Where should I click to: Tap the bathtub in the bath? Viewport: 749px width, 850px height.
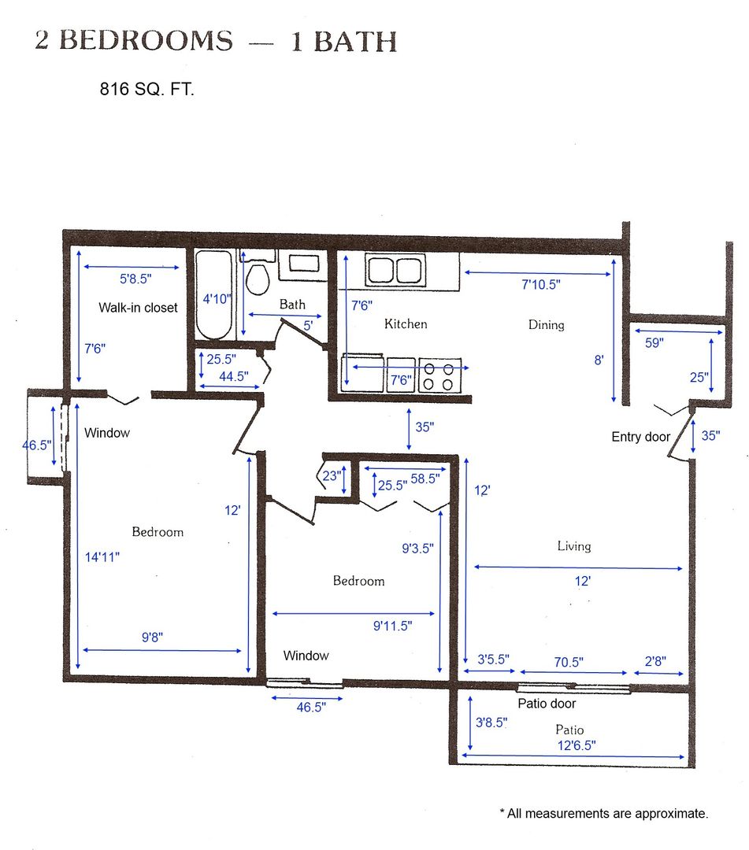click(x=213, y=294)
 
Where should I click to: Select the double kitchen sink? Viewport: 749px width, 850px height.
click(x=395, y=269)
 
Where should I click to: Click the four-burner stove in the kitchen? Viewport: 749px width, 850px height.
click(x=439, y=375)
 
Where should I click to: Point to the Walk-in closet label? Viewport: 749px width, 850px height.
click(x=139, y=308)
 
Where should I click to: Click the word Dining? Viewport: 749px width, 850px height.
click(x=546, y=325)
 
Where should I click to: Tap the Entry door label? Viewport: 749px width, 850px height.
click(x=640, y=437)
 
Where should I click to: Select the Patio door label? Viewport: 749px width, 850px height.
click(x=547, y=704)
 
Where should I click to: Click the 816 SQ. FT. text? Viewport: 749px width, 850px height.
click(x=146, y=89)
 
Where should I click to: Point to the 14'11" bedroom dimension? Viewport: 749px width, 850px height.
click(x=102, y=556)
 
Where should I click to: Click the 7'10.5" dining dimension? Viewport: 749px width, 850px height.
click(x=541, y=285)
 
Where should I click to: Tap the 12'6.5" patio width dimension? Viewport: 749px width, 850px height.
click(x=576, y=745)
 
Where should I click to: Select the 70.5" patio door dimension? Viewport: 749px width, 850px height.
click(x=569, y=662)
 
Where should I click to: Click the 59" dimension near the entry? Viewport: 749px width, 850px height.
click(x=654, y=342)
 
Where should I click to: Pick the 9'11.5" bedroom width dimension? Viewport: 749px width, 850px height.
click(x=392, y=626)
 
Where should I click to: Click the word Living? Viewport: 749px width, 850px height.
click(x=574, y=546)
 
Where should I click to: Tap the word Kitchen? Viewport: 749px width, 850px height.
click(x=406, y=323)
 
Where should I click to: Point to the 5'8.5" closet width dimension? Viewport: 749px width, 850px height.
click(x=135, y=279)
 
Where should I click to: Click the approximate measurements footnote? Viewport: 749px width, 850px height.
click(x=603, y=813)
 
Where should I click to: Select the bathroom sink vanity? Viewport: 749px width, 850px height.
click(x=303, y=265)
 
